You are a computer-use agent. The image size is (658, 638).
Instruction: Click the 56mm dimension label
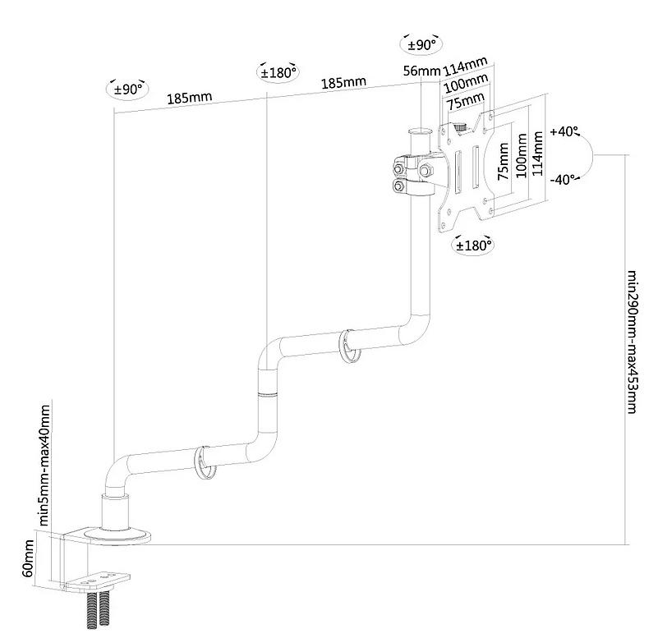tap(421, 71)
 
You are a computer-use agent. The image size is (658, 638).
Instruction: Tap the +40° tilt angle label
tap(564, 131)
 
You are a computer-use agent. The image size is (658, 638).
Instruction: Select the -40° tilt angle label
tap(564, 180)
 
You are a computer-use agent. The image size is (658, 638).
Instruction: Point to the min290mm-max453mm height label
tap(633, 342)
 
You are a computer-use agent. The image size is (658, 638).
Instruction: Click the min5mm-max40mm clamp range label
tap(44, 465)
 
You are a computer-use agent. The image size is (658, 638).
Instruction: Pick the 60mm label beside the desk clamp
tap(28, 558)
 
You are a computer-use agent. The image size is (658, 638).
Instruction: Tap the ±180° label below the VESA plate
tap(473, 245)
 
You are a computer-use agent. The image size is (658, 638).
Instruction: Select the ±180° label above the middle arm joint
tap(278, 72)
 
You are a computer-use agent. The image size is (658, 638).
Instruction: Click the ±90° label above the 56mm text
tap(421, 44)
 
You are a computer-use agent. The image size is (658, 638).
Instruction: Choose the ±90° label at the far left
tap(127, 90)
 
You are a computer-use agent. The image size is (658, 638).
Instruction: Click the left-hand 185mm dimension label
tap(190, 99)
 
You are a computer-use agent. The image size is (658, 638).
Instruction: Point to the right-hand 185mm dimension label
tap(343, 83)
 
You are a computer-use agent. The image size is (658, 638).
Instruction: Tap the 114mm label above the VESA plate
tap(466, 67)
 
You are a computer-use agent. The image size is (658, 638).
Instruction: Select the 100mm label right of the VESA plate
tap(522, 156)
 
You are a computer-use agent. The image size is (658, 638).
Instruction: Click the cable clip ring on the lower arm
tap(205, 462)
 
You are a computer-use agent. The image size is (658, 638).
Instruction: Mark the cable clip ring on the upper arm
tap(350, 346)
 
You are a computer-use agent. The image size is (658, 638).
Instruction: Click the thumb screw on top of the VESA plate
tap(460, 127)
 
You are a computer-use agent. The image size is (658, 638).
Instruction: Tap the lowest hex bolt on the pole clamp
tap(398, 186)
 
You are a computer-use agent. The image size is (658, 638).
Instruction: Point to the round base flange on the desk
tap(117, 536)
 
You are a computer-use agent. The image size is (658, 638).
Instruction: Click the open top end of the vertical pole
tap(420, 131)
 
